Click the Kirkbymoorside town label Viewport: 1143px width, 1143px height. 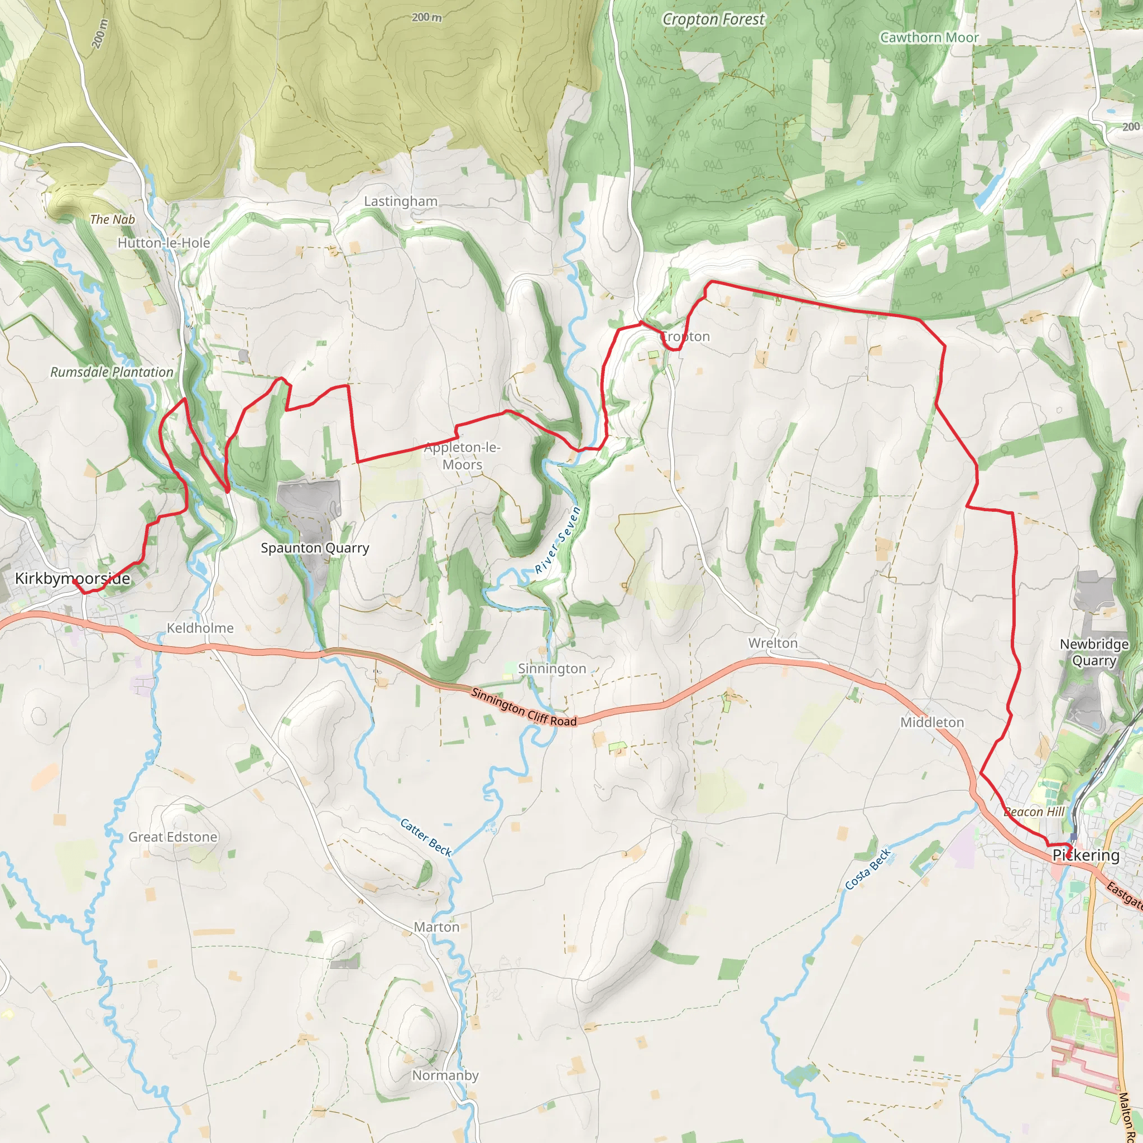pyautogui.click(x=72, y=578)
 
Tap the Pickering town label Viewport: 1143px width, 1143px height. pyautogui.click(x=1086, y=855)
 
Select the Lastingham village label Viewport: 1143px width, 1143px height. pyautogui.click(x=401, y=201)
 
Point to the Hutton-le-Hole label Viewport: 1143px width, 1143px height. pyautogui.click(x=164, y=243)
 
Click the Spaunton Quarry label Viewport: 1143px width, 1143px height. pyautogui.click(x=315, y=548)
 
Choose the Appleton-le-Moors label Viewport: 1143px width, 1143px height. pyautogui.click(x=462, y=455)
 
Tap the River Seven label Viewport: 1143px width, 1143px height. pyautogui.click(x=558, y=540)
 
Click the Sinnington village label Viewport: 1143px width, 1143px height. pyautogui.click(x=551, y=669)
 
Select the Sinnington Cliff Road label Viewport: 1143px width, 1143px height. pyautogui.click(x=524, y=707)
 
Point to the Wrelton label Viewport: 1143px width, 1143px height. pyautogui.click(x=772, y=643)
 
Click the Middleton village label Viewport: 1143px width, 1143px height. pyautogui.click(x=932, y=722)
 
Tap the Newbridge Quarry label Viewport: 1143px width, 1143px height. pyautogui.click(x=1094, y=652)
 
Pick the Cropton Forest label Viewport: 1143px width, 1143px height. pyautogui.click(x=713, y=20)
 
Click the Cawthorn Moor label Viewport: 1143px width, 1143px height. pyautogui.click(x=929, y=37)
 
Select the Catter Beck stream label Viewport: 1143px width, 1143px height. pyautogui.click(x=426, y=837)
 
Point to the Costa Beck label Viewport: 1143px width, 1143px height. pyautogui.click(x=867, y=869)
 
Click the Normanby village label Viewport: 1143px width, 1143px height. pyautogui.click(x=445, y=1075)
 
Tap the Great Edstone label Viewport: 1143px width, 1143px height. pyautogui.click(x=173, y=837)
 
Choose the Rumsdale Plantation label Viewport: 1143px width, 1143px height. pyautogui.click(x=112, y=372)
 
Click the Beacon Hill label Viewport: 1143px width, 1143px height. pyautogui.click(x=1034, y=811)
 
